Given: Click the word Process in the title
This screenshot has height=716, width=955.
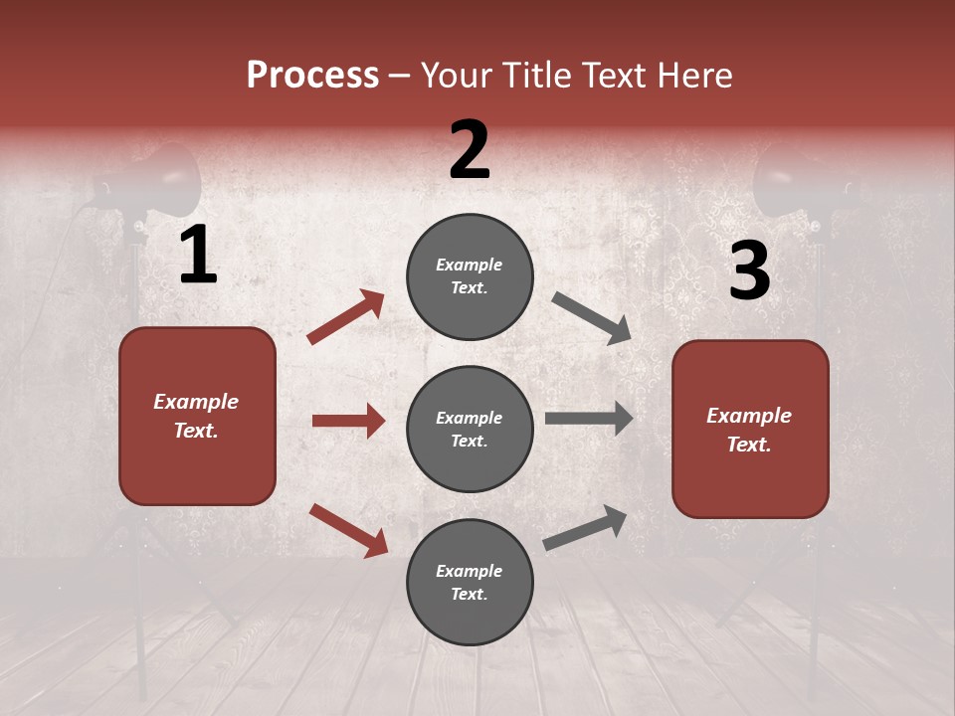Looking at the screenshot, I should click(312, 76).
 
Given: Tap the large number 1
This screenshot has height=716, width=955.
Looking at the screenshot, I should click(198, 256).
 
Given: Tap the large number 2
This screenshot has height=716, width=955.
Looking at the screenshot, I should click(470, 150).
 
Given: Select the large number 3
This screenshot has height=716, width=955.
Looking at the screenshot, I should click(749, 271).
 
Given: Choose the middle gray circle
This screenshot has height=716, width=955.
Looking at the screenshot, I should click(470, 429).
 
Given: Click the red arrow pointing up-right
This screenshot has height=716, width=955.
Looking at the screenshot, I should click(346, 316).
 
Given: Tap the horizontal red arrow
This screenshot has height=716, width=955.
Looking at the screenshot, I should click(348, 421).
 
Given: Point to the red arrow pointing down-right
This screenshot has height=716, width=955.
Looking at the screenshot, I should click(348, 529).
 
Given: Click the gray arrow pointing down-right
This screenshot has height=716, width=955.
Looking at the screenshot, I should click(592, 318).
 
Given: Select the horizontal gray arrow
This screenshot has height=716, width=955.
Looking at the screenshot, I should click(589, 418).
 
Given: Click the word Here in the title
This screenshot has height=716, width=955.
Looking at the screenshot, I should click(695, 76).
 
